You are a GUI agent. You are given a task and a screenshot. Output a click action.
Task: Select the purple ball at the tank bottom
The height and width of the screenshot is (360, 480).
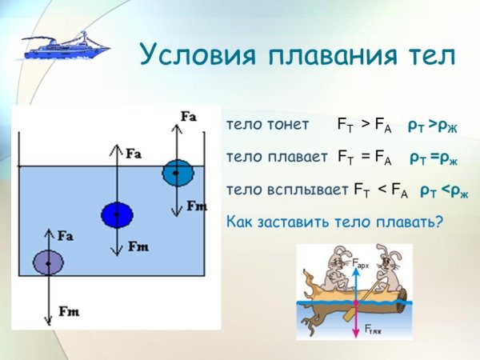pyautogui.click(x=48, y=262)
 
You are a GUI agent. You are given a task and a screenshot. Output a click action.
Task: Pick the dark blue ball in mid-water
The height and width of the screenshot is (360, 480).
pyautogui.click(x=117, y=214)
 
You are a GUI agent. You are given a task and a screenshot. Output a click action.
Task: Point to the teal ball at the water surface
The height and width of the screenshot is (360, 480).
pyautogui.click(x=178, y=171)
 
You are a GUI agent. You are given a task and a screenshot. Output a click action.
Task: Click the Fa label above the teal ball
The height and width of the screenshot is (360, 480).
pyautogui.click(x=190, y=117)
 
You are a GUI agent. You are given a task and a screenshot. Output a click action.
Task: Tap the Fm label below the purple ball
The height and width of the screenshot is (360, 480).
pyautogui.click(x=67, y=311)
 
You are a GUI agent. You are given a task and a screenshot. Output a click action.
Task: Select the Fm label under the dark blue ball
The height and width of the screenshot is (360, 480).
pyautogui.click(x=138, y=247)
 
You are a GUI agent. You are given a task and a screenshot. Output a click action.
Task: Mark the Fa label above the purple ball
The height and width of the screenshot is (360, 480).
pyautogui.click(x=67, y=236)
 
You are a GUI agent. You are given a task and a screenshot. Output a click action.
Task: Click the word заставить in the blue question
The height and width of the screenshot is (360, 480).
pyautogui.click(x=290, y=222)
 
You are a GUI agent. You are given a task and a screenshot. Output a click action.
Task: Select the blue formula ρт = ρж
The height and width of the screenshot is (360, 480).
pyautogui.click(x=434, y=158)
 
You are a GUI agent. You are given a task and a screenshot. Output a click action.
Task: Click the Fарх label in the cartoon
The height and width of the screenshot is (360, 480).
pyautogui.click(x=360, y=263)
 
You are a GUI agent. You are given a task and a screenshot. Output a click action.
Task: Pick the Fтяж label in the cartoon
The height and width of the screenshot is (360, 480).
pyautogui.click(x=374, y=329)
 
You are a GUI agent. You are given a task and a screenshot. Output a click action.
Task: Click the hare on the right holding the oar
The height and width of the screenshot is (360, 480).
pyautogui.click(x=386, y=268)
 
